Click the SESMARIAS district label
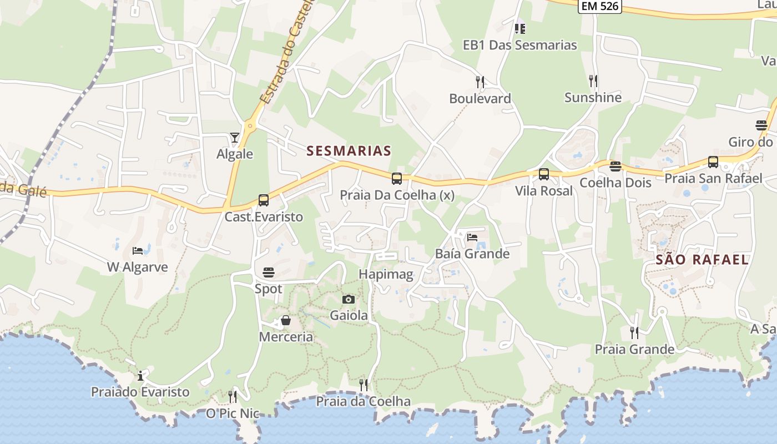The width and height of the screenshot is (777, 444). click(x=349, y=150)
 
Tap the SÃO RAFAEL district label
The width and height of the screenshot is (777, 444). click(x=702, y=259)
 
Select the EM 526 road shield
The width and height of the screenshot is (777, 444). click(x=599, y=6)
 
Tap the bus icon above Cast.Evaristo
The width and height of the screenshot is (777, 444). click(x=264, y=200)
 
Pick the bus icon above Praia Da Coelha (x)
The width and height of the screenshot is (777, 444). click(x=397, y=178)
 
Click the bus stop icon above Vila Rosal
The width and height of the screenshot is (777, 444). click(x=544, y=174)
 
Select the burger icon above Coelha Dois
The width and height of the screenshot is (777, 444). click(x=615, y=166)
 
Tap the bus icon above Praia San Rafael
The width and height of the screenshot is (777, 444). click(x=713, y=162)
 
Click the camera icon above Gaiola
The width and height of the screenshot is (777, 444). click(x=349, y=300)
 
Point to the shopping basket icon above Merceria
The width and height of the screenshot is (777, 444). click(x=286, y=320)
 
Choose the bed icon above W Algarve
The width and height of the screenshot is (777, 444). click(x=138, y=251)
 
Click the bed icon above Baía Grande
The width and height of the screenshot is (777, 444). click(x=472, y=238)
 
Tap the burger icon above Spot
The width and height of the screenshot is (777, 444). click(x=269, y=272)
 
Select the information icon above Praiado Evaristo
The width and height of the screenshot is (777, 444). click(x=140, y=376)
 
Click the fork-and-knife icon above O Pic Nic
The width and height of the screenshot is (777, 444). click(x=233, y=396)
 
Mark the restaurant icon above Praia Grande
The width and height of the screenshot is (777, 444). click(x=634, y=332)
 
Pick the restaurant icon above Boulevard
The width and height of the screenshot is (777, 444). click(x=480, y=82)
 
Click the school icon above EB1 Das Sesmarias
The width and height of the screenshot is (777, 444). click(x=520, y=28)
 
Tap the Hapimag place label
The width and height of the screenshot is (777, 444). click(x=386, y=274)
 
